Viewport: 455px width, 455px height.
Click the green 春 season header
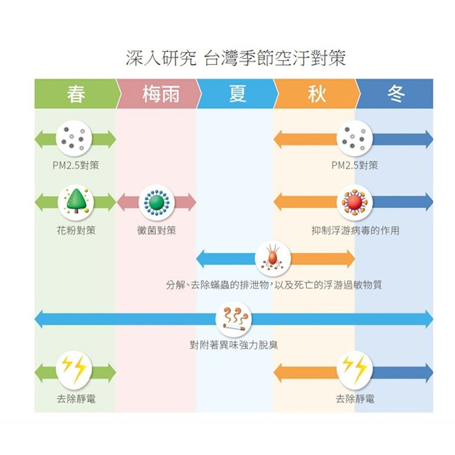(76, 94)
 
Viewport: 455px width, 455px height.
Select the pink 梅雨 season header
(159, 94)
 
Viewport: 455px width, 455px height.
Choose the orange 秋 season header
(316, 94)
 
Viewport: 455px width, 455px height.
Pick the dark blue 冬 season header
(395, 94)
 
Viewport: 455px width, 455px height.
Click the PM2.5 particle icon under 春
(75, 139)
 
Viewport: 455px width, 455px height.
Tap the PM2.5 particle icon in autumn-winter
(355, 139)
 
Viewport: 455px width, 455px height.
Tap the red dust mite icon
(275, 257)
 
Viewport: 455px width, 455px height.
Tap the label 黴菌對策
(157, 231)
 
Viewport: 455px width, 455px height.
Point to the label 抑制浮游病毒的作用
(355, 231)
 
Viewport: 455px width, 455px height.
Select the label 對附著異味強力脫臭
(234, 346)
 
